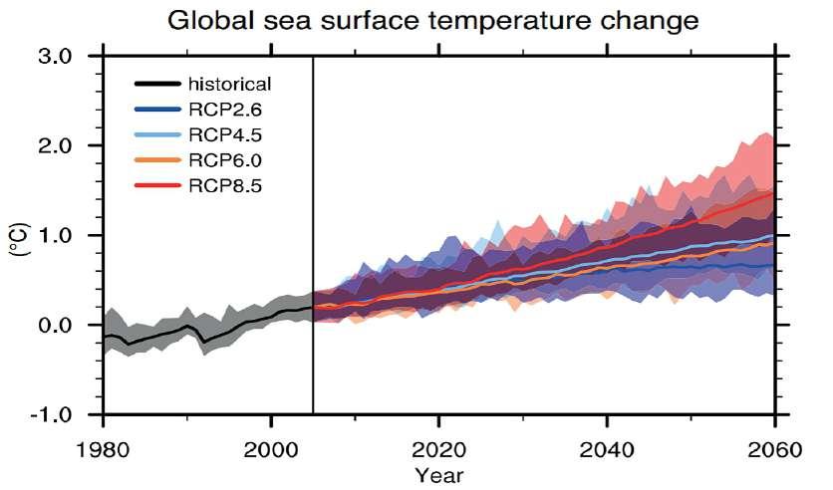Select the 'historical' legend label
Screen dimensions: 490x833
coord(229,85)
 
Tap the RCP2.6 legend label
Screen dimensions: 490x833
coord(221,111)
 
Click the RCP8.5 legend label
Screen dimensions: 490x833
coord(221,185)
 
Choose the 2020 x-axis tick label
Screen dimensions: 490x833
coord(438,449)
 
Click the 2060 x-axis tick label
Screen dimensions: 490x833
coord(773,449)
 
